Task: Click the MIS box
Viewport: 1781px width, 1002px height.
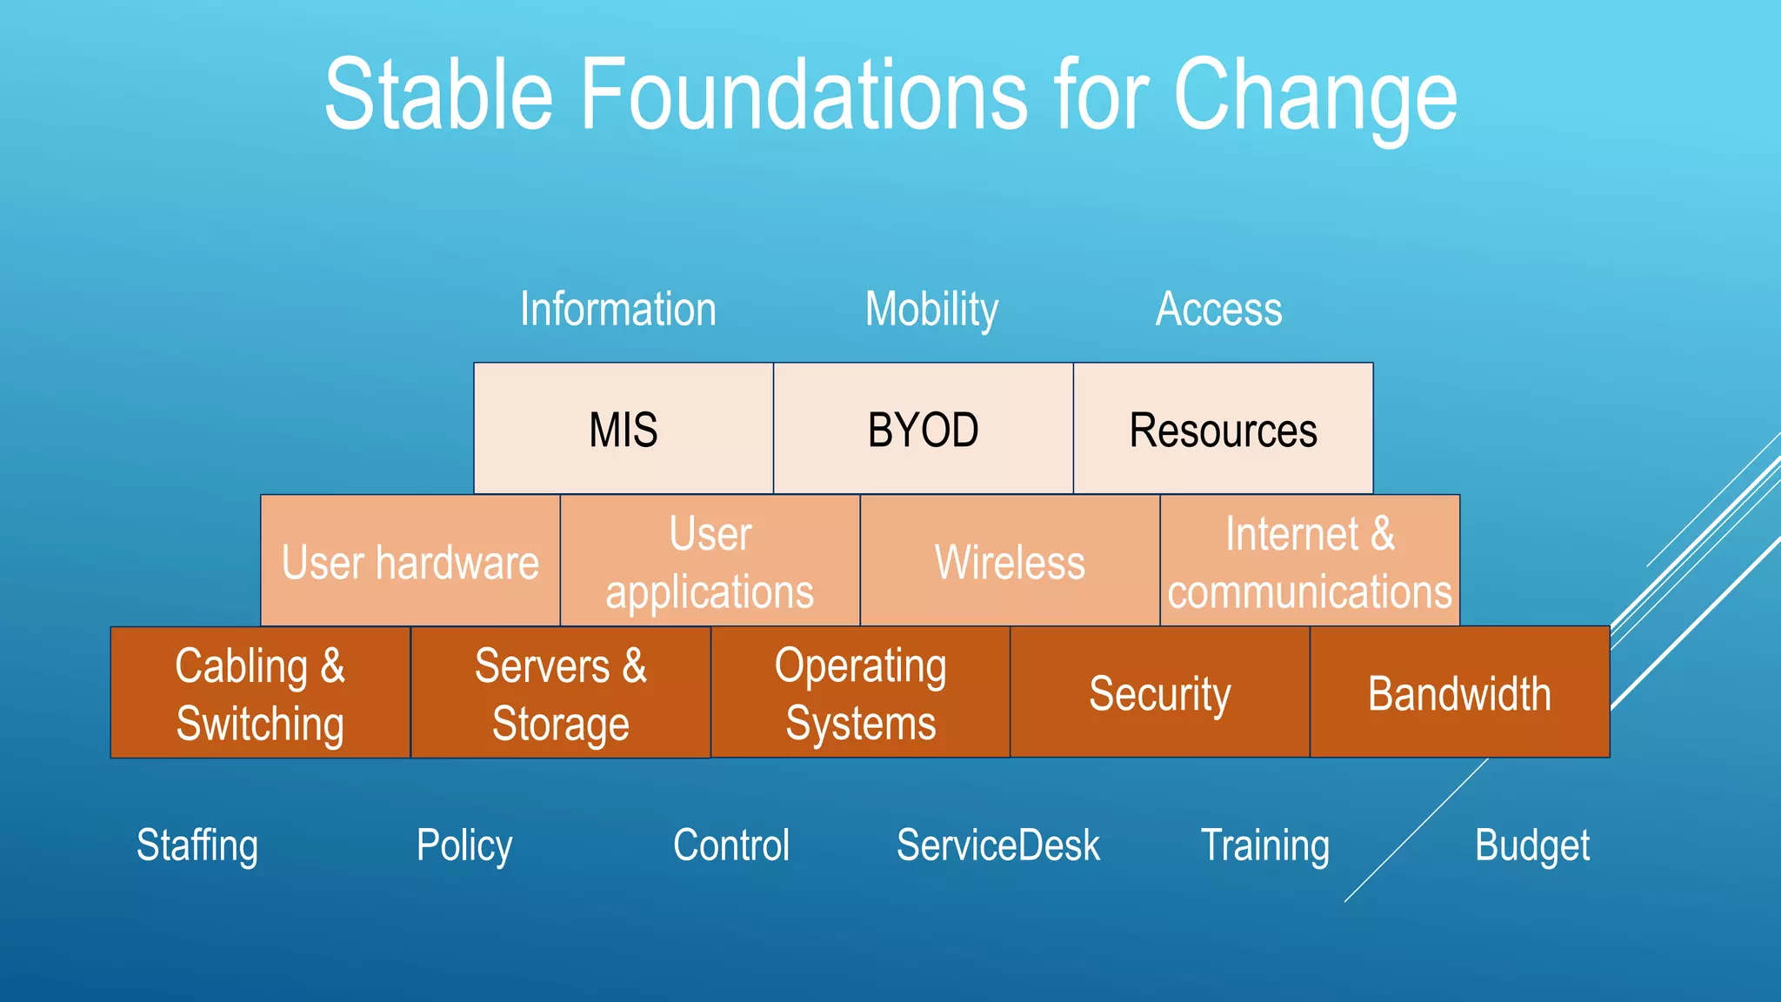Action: click(x=624, y=429)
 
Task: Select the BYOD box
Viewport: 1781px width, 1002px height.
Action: click(x=923, y=429)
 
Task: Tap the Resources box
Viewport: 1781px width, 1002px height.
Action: click(x=1223, y=429)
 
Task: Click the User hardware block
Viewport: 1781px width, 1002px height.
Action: click(x=410, y=561)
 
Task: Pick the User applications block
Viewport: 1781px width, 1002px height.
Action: click(x=710, y=561)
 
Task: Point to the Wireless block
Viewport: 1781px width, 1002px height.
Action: click(x=1010, y=561)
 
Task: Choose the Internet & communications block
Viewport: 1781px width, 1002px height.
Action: click(x=1309, y=561)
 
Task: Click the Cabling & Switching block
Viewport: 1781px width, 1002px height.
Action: click(x=260, y=693)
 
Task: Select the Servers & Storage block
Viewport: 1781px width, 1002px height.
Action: click(x=560, y=693)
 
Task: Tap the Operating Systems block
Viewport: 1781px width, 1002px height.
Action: click(x=860, y=693)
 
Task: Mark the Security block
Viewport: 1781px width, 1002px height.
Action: click(x=1159, y=693)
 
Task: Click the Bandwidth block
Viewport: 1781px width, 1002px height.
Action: click(x=1459, y=693)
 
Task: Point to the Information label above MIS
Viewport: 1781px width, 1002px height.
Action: click(x=618, y=309)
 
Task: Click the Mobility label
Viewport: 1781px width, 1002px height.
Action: click(x=931, y=309)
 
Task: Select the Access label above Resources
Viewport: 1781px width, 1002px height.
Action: click(x=1218, y=309)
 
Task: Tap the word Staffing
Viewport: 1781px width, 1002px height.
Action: click(x=197, y=845)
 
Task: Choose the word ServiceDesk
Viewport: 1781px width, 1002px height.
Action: click(x=997, y=845)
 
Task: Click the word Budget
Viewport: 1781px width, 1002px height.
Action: click(x=1532, y=845)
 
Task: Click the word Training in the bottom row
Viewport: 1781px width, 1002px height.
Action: click(x=1265, y=845)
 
